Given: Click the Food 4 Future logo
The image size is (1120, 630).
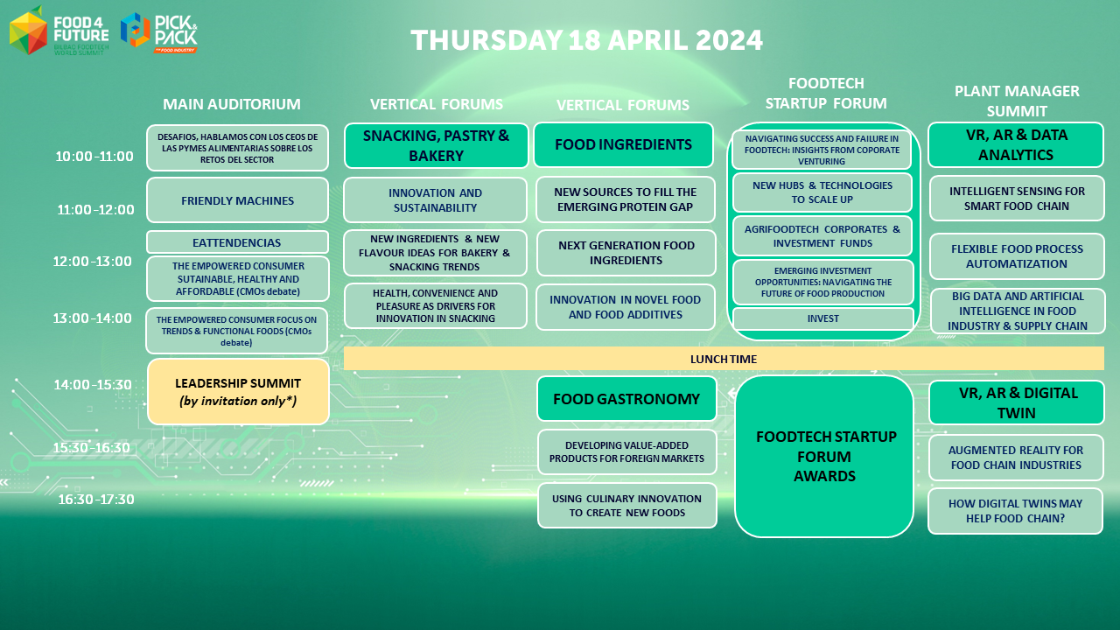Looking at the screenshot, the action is click(x=59, y=31).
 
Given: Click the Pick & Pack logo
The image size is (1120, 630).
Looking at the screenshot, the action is click(x=159, y=33).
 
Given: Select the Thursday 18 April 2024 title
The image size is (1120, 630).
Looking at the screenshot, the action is click(x=586, y=40).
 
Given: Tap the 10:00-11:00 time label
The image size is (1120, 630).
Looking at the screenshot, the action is click(x=94, y=157).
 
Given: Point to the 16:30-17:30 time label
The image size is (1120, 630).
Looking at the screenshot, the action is click(x=96, y=500).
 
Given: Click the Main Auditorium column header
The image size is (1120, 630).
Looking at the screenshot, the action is click(x=232, y=104).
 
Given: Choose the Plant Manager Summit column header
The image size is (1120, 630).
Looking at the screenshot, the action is click(x=1017, y=101).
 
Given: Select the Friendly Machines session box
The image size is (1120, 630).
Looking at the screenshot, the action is click(x=237, y=200).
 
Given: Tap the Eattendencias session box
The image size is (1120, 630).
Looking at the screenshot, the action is click(x=237, y=242).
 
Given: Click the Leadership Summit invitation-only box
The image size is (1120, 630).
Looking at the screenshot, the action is click(x=238, y=392).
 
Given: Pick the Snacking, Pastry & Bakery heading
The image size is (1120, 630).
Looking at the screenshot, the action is click(x=436, y=145).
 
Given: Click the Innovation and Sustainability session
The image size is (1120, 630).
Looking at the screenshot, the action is click(x=435, y=200).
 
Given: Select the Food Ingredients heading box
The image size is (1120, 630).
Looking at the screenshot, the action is click(x=624, y=144).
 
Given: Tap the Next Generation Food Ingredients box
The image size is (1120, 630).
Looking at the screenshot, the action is click(x=626, y=253).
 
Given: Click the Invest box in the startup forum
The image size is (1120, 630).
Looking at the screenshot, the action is click(x=823, y=318).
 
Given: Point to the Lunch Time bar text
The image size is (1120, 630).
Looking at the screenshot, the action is click(x=724, y=359).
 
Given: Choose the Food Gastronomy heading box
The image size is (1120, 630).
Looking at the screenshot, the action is click(x=626, y=399).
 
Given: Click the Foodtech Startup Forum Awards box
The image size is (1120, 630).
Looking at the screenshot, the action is click(x=824, y=457).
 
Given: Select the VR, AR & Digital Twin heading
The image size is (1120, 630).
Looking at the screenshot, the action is click(x=1017, y=402).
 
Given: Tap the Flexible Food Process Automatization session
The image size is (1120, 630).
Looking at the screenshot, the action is click(x=1017, y=256).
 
